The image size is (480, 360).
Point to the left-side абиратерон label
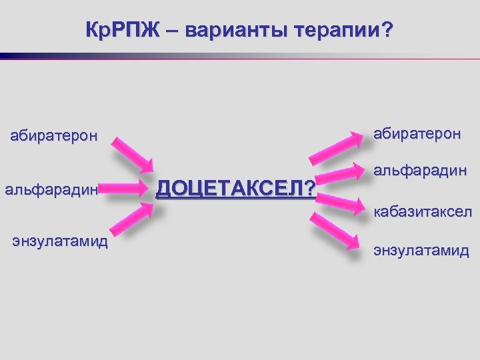click(x=53, y=137)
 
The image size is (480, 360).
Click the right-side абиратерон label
click(x=417, y=133)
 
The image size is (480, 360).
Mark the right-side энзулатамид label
click(x=421, y=251)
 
